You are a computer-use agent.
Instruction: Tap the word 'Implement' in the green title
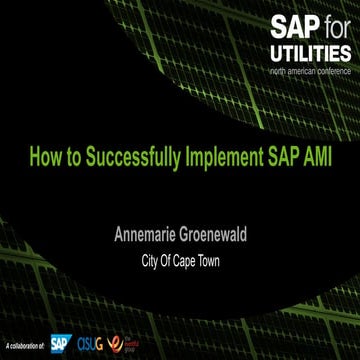pyautogui.click(x=222, y=158)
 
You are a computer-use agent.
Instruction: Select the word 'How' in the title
pyautogui.click(x=44, y=158)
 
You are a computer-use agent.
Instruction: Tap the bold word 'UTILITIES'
pyautogui.click(x=309, y=53)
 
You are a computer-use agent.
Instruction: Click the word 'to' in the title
pyautogui.click(x=71, y=158)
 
